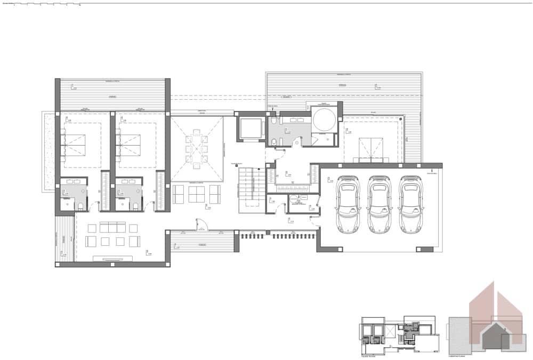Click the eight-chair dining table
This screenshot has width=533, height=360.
coord(196,149)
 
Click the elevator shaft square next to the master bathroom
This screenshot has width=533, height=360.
coord(251,129)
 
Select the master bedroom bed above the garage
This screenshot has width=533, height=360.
coord(371,148)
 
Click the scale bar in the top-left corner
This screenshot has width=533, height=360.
coord(43,5)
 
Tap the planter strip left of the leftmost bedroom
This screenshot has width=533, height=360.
coord(49,152)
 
